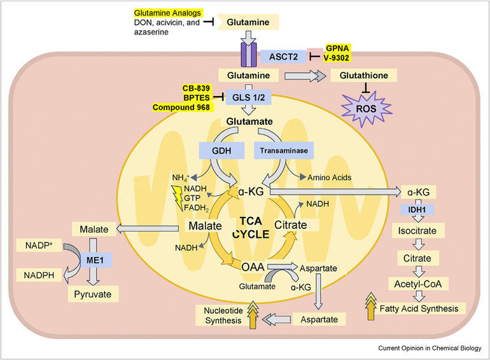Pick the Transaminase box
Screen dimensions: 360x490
pos(281,150)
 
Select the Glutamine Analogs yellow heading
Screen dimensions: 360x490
pos(168,13)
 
